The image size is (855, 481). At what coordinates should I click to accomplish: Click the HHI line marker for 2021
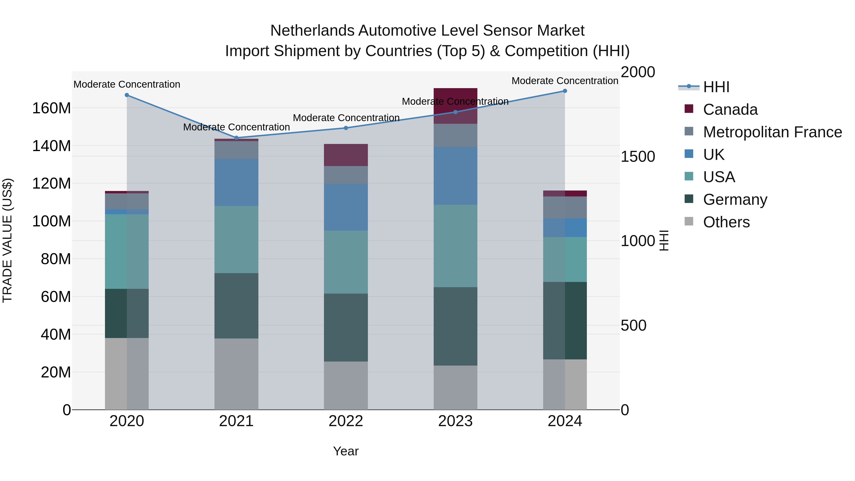(x=236, y=138)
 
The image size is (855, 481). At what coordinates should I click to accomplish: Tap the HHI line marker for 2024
(x=565, y=91)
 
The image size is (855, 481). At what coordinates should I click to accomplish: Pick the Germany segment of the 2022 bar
(x=346, y=327)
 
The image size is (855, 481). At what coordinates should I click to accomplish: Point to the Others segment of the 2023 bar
(x=455, y=387)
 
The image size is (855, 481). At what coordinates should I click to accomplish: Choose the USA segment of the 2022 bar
(x=346, y=262)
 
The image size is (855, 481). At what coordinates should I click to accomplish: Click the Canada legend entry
(x=730, y=110)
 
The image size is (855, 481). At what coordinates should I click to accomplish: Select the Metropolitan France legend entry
(x=772, y=132)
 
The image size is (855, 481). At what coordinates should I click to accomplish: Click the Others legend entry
(x=726, y=222)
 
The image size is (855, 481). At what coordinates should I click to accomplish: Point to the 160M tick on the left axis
(x=52, y=108)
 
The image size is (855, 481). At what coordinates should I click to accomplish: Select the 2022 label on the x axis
(x=346, y=421)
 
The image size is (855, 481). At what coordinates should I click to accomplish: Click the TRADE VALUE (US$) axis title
(x=7, y=240)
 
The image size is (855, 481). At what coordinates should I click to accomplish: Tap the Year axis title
(x=346, y=451)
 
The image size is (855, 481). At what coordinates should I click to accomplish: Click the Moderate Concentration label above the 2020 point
(x=127, y=84)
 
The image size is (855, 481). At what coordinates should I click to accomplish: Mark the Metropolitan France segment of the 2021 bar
(x=236, y=150)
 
